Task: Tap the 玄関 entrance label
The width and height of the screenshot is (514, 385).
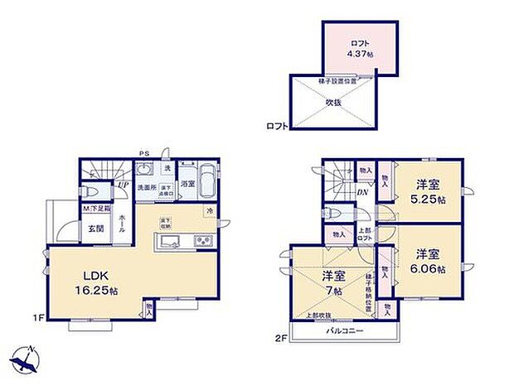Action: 95,229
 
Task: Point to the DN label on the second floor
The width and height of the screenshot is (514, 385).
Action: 363,192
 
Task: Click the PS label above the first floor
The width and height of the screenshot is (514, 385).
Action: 143,152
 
